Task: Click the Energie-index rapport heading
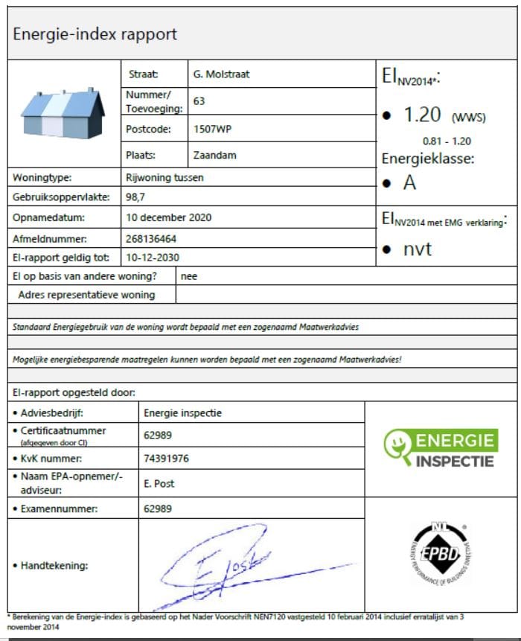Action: click(x=95, y=34)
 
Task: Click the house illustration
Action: click(x=63, y=112)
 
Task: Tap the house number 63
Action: click(x=199, y=101)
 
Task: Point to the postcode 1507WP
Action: click(x=211, y=129)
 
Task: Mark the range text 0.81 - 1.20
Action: click(x=447, y=141)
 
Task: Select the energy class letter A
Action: click(x=409, y=183)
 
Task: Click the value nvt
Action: click(x=418, y=249)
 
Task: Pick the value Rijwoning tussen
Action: click(x=164, y=178)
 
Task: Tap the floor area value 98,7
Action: click(x=136, y=197)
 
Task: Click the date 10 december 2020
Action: click(x=169, y=217)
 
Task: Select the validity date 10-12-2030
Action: click(x=153, y=258)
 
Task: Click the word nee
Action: click(x=189, y=276)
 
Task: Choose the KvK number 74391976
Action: click(x=166, y=459)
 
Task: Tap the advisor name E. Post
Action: click(x=159, y=483)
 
